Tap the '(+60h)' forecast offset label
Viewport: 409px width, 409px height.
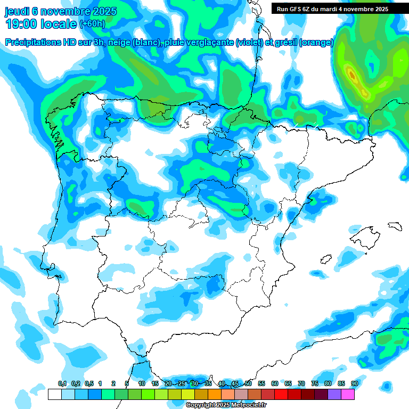click(x=92, y=24)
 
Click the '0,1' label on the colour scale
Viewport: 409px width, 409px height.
click(x=62, y=383)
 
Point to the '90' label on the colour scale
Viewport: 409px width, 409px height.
click(x=354, y=383)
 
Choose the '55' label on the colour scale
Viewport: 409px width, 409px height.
click(x=261, y=383)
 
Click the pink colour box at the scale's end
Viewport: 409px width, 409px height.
click(x=348, y=394)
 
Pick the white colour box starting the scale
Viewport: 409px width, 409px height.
click(x=54, y=394)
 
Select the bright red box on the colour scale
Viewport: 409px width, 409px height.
click(x=281, y=394)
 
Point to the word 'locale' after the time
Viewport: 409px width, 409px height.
click(x=59, y=23)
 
